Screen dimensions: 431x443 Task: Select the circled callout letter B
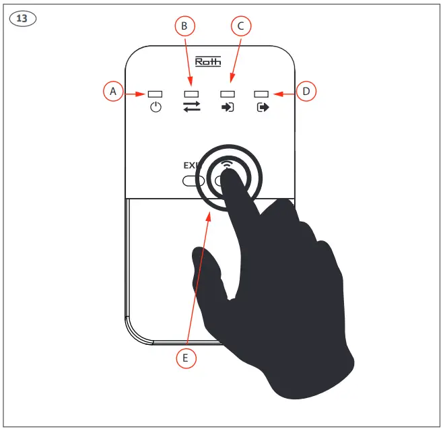(x=184, y=26)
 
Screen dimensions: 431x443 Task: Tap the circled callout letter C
(x=240, y=26)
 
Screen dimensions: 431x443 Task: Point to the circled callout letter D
(x=306, y=90)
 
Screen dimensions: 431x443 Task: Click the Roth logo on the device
(x=207, y=62)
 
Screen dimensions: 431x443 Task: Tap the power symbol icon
(x=156, y=107)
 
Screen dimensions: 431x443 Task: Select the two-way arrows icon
(x=192, y=107)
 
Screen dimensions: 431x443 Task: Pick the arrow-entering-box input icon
(x=228, y=107)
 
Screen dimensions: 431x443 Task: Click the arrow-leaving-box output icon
(x=263, y=107)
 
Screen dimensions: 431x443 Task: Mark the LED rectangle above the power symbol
(x=156, y=94)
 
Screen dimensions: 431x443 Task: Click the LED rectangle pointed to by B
(x=192, y=94)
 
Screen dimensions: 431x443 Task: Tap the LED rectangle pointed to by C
(x=228, y=94)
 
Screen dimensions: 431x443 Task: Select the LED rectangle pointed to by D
(x=263, y=94)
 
